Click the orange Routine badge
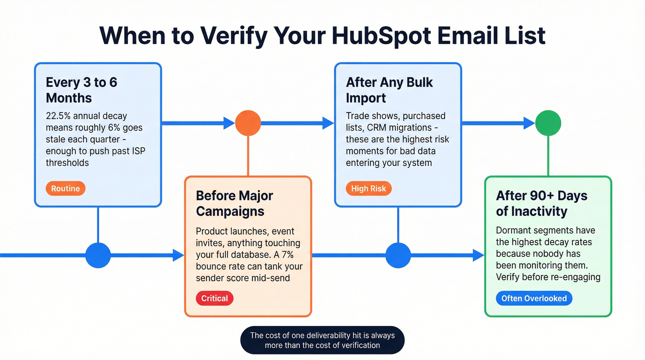(65, 189)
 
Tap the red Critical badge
(215, 298)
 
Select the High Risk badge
(369, 189)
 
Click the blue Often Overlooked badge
(534, 298)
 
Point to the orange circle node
(248, 123)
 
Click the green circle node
(548, 123)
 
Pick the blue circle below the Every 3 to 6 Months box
(98, 255)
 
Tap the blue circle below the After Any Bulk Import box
(398, 255)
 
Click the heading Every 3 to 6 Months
(82, 90)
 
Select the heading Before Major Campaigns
(235, 203)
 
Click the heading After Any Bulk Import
(389, 90)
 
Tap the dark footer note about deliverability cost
(322, 340)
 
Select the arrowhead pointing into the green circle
(529, 123)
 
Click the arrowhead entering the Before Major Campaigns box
(178, 255)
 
